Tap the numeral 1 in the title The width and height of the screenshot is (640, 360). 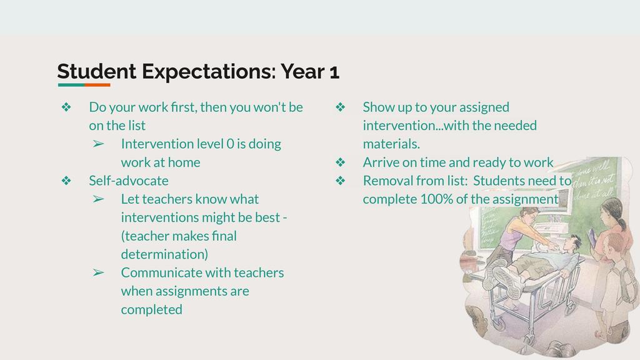(334, 72)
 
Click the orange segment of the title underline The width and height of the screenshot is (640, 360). (97, 85)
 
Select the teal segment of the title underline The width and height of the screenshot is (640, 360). (71, 85)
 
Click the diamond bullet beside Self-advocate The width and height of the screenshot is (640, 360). (66, 181)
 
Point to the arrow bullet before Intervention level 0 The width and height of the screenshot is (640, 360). (98, 144)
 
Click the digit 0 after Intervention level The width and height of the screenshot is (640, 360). (230, 144)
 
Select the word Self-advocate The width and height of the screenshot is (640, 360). (129, 181)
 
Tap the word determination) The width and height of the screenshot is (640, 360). (164, 254)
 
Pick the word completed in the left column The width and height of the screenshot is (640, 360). (151, 309)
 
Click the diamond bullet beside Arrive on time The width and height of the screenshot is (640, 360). (341, 162)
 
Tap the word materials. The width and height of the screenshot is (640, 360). (391, 144)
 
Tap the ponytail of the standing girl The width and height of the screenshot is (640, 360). (621, 223)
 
